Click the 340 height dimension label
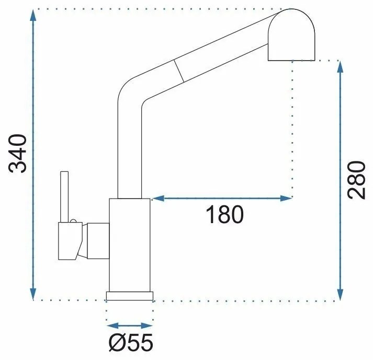coord(17,154)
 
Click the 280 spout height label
coord(356,180)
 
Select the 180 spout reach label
coord(225,215)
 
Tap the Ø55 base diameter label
coord(131,343)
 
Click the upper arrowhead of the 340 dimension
coord(33,15)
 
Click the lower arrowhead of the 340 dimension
coord(33,294)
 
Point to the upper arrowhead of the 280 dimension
coord(341,67)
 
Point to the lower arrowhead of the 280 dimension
coord(341,294)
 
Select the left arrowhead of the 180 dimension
coord(157,198)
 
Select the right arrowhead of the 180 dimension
coord(286,198)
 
